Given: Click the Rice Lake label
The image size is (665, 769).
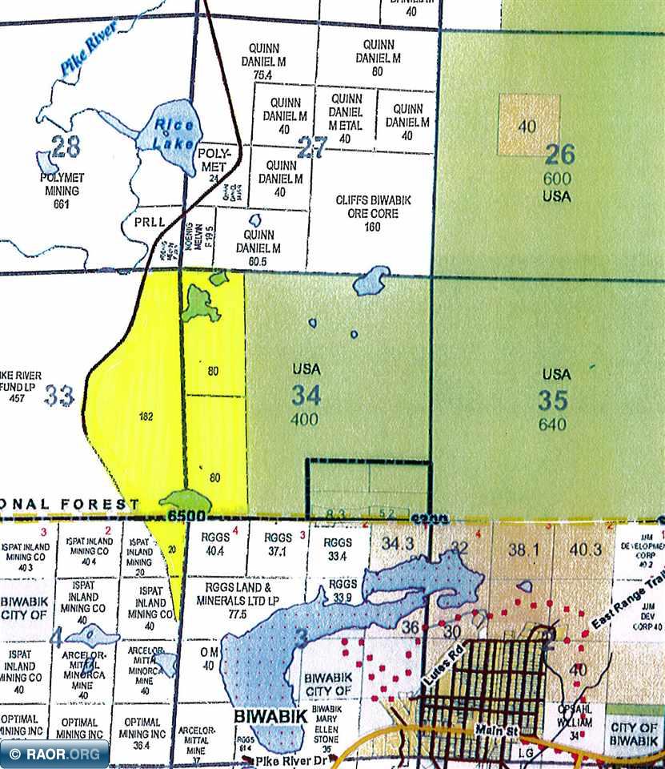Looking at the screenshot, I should [169, 133].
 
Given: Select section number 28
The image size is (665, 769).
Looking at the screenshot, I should [66, 147].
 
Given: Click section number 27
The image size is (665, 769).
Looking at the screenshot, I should [312, 147].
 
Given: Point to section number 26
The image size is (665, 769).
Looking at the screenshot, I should [560, 154].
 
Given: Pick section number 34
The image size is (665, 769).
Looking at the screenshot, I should [305, 394].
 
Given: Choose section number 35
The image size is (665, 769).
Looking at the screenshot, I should [553, 399].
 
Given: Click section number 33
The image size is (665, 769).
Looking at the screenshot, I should [59, 395].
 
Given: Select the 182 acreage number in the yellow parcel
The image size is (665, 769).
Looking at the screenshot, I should [145, 417].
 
